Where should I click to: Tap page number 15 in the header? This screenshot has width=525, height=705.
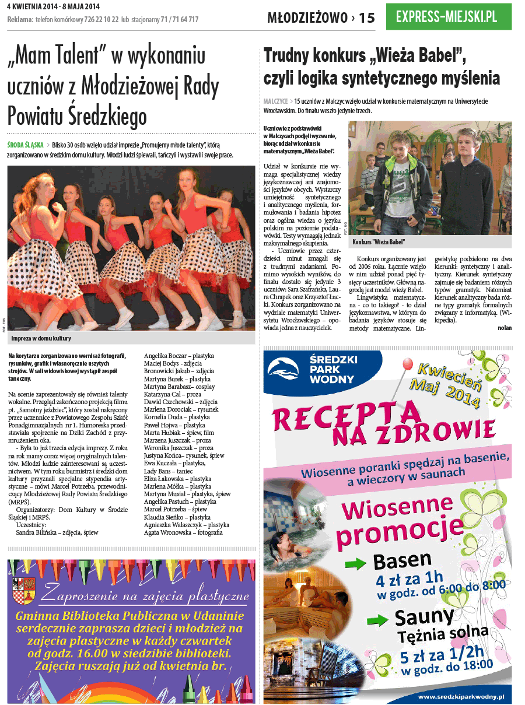(367, 19)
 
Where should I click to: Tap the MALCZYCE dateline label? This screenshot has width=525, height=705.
(276, 101)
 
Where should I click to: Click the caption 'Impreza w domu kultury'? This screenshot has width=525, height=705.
(41, 338)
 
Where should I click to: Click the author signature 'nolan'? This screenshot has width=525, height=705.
(504, 328)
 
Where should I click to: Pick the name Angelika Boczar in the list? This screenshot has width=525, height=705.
(166, 356)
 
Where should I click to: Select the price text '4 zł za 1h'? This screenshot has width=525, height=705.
(409, 580)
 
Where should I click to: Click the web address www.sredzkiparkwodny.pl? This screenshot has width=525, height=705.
(461, 696)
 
